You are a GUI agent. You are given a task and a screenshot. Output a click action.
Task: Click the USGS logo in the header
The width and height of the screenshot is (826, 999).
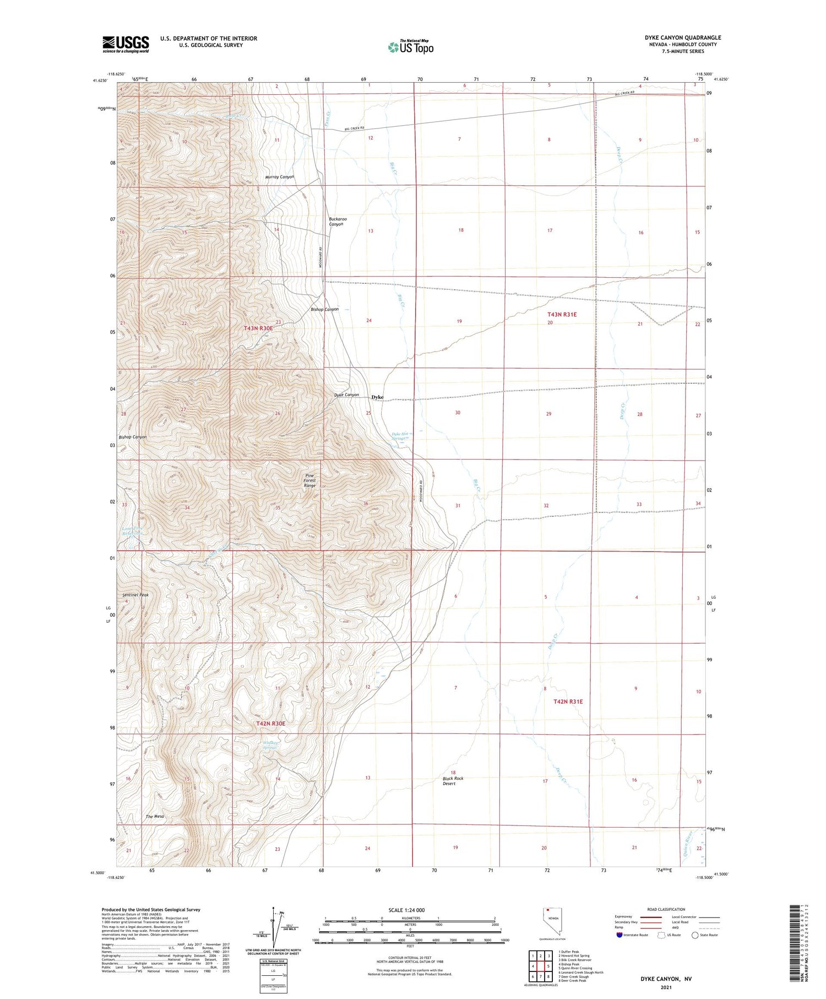point(126,44)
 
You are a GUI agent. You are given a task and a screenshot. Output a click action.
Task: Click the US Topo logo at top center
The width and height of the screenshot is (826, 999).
point(411,47)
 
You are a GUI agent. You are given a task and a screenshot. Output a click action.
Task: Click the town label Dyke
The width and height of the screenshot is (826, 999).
point(378,397)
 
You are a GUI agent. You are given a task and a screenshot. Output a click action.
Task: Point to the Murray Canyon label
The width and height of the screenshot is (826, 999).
point(280,177)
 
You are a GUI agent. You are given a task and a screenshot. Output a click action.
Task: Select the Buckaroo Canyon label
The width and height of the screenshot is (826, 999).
point(338,222)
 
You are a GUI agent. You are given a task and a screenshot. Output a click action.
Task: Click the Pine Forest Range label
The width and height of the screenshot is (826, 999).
point(310,480)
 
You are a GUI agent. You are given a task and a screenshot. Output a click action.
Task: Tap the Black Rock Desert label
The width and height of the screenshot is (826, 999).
point(453,781)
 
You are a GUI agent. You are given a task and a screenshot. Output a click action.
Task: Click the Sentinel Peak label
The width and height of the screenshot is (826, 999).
point(135,595)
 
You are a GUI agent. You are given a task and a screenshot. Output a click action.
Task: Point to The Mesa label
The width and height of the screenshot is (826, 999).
point(155,816)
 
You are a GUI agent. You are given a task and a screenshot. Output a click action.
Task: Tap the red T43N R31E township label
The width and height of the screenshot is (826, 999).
point(562,314)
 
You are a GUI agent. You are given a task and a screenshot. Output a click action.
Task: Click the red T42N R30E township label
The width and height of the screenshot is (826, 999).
point(270,723)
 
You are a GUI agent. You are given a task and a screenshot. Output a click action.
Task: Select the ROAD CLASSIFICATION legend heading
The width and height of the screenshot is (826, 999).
point(666,909)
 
